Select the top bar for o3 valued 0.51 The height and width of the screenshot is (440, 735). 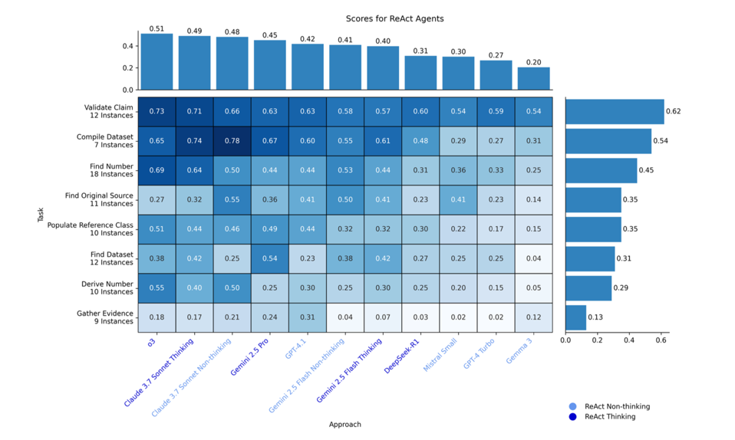(x=157, y=62)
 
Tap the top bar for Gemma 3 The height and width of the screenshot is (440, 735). (x=533, y=78)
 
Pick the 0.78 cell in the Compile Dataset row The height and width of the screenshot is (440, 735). (x=232, y=141)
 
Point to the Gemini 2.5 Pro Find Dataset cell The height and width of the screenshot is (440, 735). (x=269, y=258)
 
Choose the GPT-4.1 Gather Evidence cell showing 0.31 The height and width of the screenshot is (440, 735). (x=307, y=317)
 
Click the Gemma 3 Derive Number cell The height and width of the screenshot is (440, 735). (x=533, y=288)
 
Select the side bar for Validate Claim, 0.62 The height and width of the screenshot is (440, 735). (x=615, y=112)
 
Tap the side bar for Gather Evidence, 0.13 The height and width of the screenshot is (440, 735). (x=575, y=317)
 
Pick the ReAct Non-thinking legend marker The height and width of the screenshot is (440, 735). (x=572, y=406)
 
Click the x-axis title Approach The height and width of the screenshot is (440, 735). (x=344, y=424)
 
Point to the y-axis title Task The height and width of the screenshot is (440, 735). (x=41, y=215)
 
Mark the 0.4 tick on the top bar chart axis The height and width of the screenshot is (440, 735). (x=128, y=46)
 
